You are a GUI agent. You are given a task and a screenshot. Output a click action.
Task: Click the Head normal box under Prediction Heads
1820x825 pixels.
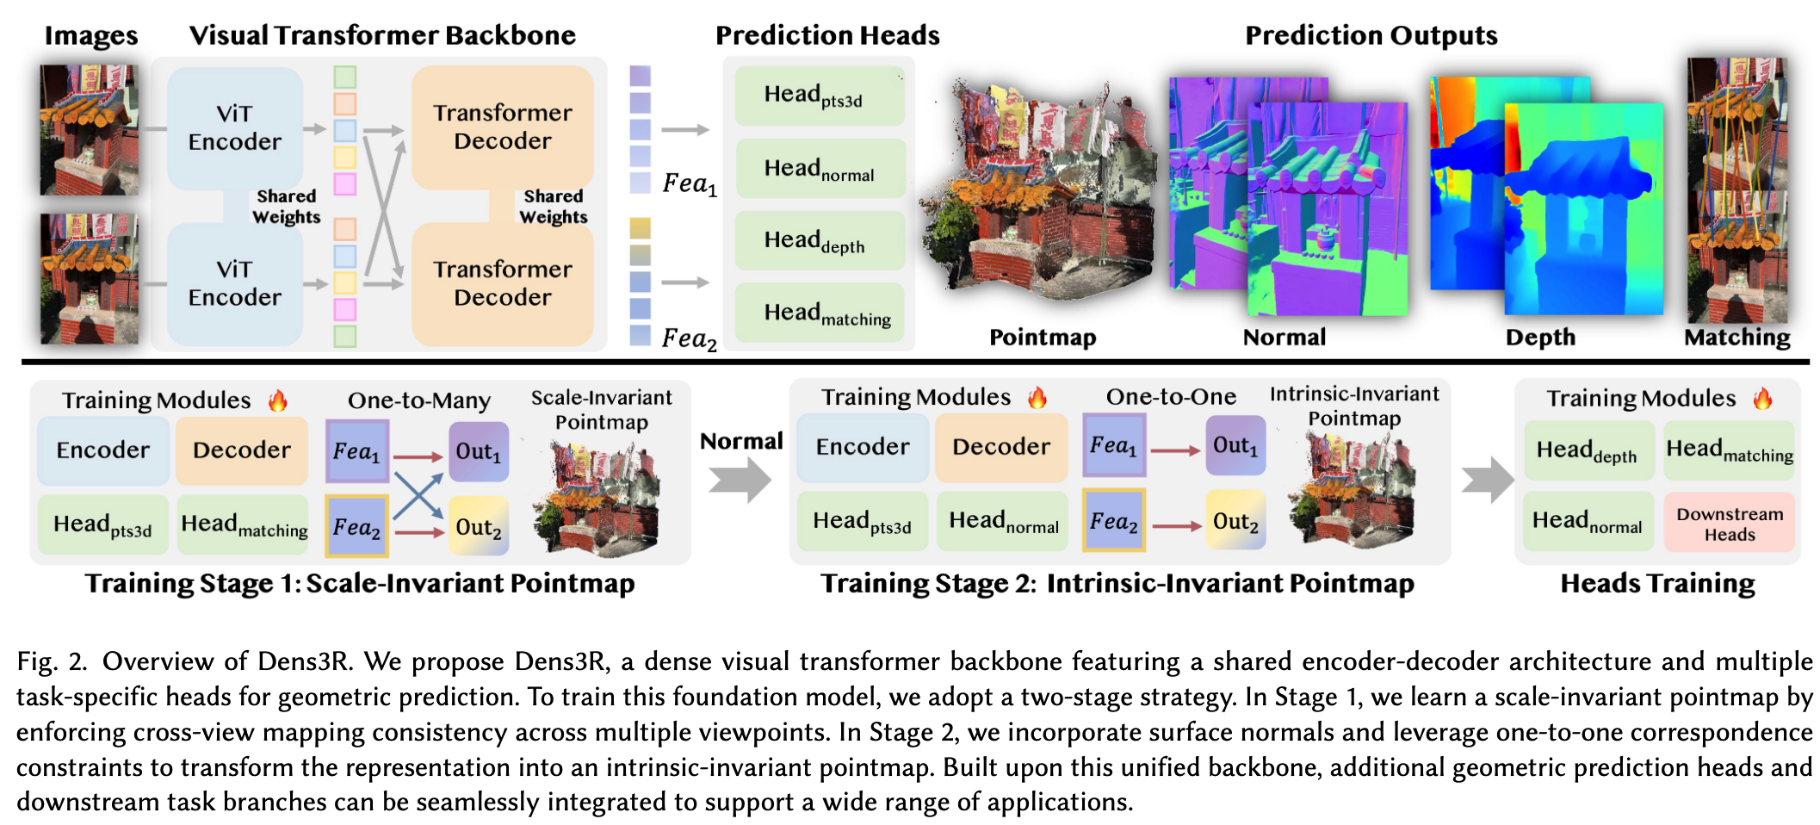pos(818,169)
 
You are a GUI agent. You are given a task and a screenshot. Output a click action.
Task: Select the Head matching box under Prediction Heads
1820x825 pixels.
pos(818,313)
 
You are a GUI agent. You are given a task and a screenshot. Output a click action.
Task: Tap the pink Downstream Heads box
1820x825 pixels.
pos(1729,523)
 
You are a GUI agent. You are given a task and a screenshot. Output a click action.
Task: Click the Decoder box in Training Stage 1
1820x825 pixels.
pos(242,450)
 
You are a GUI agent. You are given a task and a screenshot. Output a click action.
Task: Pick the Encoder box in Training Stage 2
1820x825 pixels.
pos(862,447)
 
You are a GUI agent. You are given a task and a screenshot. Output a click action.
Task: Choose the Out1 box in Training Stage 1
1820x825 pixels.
pos(478,451)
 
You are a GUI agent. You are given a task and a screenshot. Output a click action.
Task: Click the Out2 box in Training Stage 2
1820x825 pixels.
pos(1235,521)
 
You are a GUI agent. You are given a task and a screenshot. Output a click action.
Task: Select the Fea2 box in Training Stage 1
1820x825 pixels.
pos(356,526)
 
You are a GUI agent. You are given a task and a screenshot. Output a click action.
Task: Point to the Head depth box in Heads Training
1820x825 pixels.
pos(1588,450)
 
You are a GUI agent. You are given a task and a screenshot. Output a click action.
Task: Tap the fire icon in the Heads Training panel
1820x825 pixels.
pos(1762,399)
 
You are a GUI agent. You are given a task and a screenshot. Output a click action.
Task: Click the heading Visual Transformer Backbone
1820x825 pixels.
pos(382,35)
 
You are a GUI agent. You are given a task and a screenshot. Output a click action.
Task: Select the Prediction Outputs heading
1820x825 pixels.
pos(1371,35)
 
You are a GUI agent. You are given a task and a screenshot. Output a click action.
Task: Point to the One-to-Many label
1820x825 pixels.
pos(418,400)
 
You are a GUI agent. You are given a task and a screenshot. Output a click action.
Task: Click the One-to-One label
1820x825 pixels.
pos(1171,397)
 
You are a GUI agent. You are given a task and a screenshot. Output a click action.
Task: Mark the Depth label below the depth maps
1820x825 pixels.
pos(1540,338)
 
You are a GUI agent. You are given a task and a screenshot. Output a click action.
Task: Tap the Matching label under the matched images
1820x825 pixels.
pos(1736,338)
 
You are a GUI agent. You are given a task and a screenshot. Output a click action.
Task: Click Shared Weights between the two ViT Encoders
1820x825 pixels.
pos(287,207)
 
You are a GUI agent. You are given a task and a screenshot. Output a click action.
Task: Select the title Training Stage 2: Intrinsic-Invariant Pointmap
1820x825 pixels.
pos(1117,584)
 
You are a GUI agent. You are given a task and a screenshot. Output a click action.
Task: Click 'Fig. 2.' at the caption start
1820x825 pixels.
pos(52,662)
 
